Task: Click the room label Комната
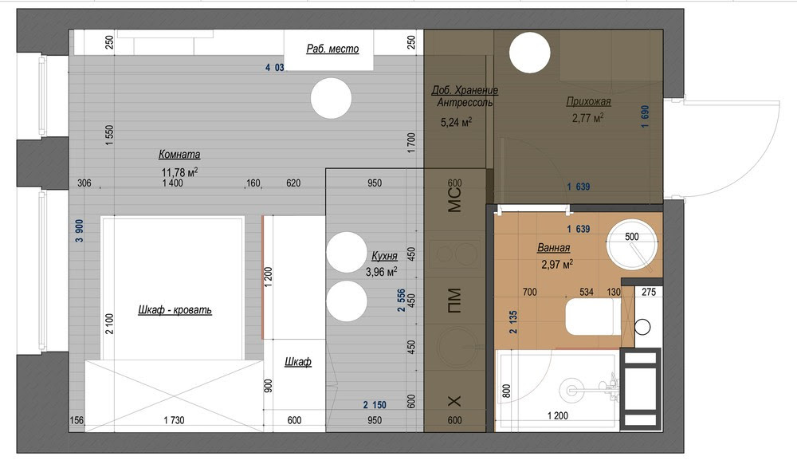click(179, 154)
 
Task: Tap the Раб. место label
click(332, 49)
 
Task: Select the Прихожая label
click(589, 101)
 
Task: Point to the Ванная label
click(554, 247)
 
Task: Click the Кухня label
click(384, 256)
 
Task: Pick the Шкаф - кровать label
click(175, 309)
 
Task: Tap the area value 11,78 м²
click(179, 172)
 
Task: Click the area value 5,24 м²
click(456, 122)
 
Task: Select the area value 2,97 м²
click(558, 264)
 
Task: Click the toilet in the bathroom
click(594, 317)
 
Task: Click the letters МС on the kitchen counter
click(454, 199)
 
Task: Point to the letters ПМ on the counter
click(454, 301)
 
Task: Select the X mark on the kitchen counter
click(454, 401)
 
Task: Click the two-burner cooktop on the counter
click(454, 254)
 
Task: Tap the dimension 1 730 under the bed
click(174, 420)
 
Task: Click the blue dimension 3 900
click(79, 230)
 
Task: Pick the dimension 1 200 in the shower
click(558, 415)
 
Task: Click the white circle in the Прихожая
click(530, 53)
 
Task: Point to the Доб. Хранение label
click(465, 90)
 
